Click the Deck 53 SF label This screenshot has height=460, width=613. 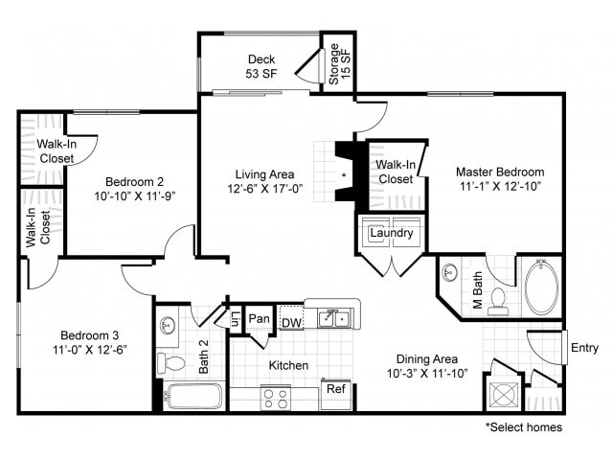tap(261, 66)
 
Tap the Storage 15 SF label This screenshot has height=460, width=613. tap(339, 64)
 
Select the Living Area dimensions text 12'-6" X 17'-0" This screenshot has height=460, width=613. tap(265, 189)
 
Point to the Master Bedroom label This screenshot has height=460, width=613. tap(500, 172)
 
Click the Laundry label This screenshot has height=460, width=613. tap(392, 233)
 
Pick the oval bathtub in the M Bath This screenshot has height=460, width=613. tap(541, 287)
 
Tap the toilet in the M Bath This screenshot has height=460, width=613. tap(498, 302)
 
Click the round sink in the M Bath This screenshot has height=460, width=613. tap(450, 271)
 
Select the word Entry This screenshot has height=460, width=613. tap(584, 348)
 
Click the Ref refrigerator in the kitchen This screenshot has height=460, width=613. tap(336, 394)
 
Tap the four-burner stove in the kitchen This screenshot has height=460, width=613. tap(276, 399)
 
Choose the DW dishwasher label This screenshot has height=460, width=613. tap(291, 323)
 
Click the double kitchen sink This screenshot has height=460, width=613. tap(333, 319)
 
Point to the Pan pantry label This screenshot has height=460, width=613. tap(259, 318)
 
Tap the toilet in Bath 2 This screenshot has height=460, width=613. tap(170, 363)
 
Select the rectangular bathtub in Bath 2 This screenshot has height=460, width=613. tap(193, 396)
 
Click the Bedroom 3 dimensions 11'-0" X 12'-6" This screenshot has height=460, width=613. tap(90, 349)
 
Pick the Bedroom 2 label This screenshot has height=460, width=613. tap(134, 182)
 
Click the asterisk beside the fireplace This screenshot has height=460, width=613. tap(344, 175)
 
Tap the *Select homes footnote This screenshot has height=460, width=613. tap(524, 427)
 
